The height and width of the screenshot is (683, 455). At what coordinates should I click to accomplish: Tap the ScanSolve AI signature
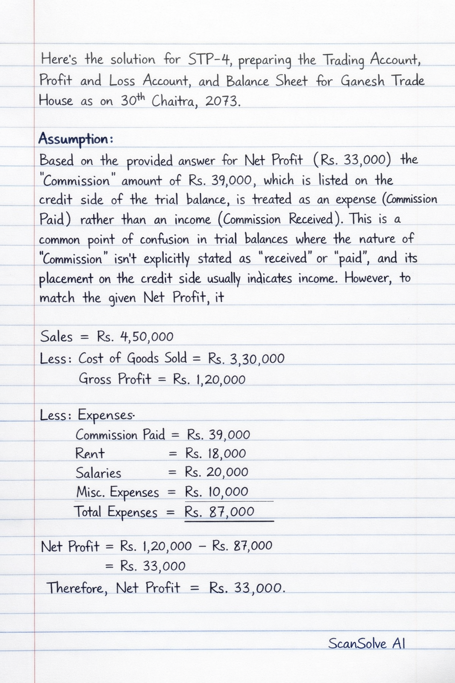coord(367,643)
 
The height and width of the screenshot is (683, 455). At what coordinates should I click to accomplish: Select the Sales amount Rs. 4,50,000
coord(135,337)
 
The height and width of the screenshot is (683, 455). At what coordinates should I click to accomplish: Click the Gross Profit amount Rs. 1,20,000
coord(209,380)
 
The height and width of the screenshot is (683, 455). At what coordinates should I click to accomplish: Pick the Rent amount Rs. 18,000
coord(216,454)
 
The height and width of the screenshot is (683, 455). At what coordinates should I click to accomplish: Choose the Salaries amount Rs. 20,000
coord(216,472)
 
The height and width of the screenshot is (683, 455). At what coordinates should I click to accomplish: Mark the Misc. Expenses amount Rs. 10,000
coord(216,492)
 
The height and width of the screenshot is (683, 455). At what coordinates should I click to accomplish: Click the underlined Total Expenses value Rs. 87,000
coord(220,512)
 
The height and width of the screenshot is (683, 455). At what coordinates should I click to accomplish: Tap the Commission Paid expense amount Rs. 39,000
coord(218,434)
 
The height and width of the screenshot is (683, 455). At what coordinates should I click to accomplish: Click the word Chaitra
coord(175,101)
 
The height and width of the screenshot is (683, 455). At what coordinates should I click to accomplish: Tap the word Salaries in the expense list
coord(98,473)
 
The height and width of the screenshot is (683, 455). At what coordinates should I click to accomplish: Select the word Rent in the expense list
coord(90,454)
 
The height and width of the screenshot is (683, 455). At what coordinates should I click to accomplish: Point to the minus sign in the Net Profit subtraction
coord(202,546)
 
